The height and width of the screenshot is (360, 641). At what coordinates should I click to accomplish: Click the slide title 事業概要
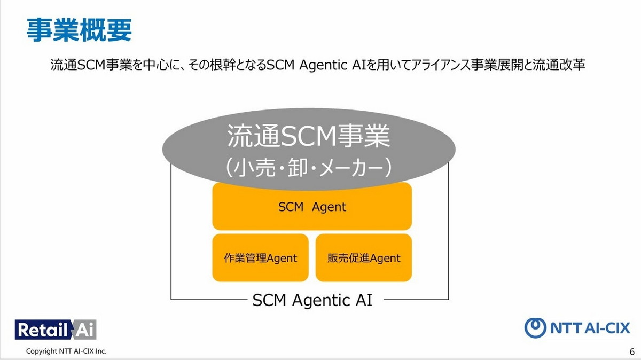click(79, 30)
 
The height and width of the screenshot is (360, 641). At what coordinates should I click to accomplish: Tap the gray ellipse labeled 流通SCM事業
click(309, 149)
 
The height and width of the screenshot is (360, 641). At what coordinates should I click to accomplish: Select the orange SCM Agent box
click(312, 207)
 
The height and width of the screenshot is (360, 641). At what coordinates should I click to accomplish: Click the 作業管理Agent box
click(261, 258)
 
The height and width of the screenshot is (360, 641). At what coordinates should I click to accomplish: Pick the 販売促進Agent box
click(364, 258)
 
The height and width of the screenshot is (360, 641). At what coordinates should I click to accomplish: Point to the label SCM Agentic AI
click(312, 300)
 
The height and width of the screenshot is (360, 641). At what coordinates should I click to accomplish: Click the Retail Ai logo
click(56, 330)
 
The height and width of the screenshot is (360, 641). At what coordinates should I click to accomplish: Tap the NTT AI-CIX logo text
click(590, 328)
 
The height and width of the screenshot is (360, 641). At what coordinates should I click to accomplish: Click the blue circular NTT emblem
click(535, 328)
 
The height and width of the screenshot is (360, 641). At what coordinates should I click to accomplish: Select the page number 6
click(632, 351)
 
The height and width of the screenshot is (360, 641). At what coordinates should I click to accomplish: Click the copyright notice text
click(66, 351)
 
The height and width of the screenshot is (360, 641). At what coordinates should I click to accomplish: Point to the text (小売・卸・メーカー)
click(309, 168)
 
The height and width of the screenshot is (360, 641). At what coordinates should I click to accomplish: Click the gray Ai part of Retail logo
click(85, 330)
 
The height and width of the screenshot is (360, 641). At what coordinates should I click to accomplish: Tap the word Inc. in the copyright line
click(100, 351)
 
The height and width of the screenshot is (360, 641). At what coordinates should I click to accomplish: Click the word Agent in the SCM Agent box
click(329, 207)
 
